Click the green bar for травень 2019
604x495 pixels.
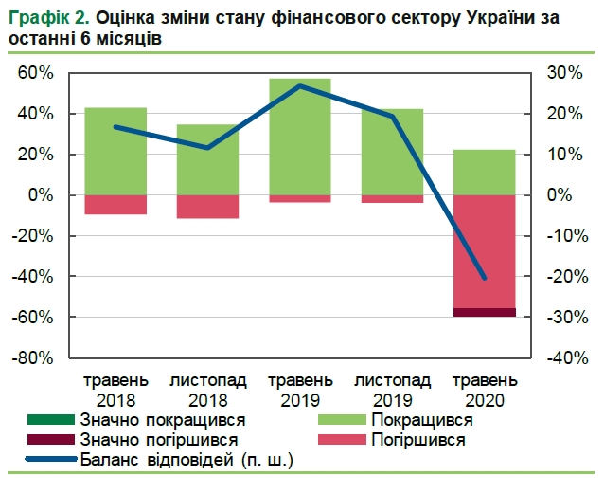tap(299, 137)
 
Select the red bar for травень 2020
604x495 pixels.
tap(484, 251)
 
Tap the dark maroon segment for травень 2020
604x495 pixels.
tap(484, 312)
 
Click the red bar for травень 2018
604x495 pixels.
tap(115, 204)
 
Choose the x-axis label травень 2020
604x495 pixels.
tap(484, 390)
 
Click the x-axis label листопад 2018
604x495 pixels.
tap(207, 390)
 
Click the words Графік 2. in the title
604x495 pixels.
tap(44, 17)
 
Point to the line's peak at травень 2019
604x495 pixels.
tap(299, 86)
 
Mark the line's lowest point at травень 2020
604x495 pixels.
tap(484, 278)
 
